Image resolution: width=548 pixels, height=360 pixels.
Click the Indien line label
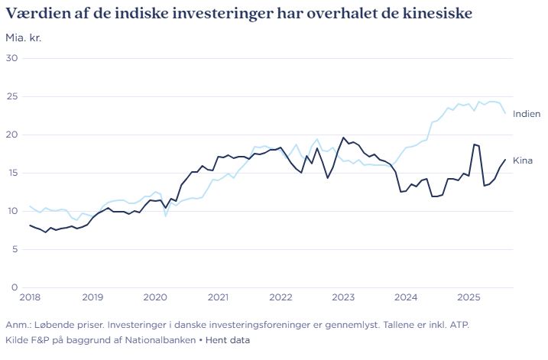527,114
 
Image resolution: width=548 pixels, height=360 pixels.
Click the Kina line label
523,161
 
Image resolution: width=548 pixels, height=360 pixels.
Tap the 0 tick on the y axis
14,287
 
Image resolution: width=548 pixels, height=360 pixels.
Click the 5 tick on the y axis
14,249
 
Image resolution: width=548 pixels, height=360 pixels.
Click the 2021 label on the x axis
218,297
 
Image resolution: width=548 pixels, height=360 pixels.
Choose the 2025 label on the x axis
469,297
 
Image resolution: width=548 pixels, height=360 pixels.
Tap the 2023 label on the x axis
343,297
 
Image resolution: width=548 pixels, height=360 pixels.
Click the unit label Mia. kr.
24,37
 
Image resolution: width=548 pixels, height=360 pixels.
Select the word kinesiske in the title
435,14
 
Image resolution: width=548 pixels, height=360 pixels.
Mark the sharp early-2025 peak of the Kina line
475,144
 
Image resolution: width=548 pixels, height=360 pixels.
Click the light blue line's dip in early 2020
165,216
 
